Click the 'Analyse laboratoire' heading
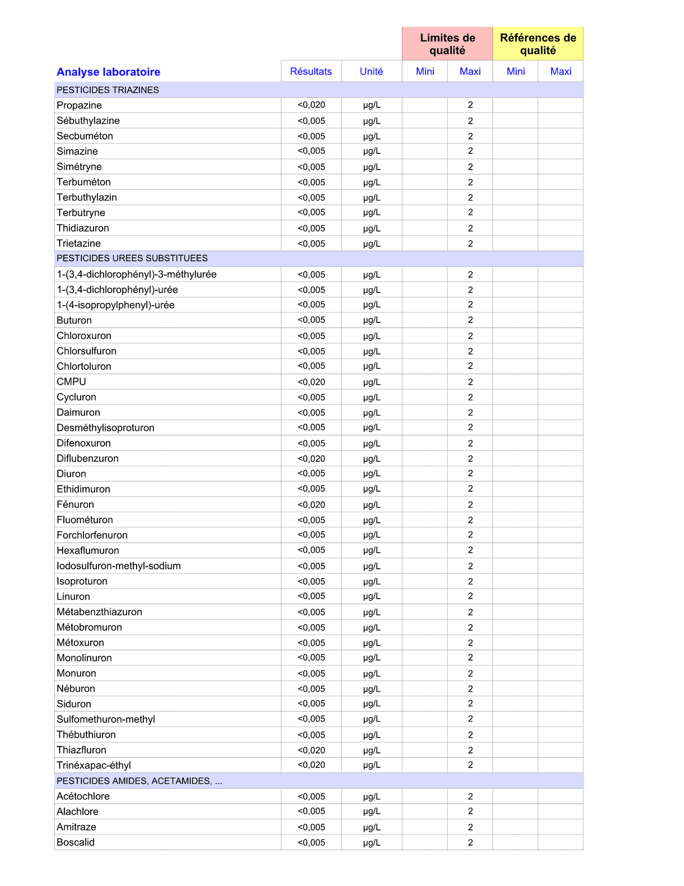point(108,72)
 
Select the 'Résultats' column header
point(311,71)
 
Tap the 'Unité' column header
point(371,71)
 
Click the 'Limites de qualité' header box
point(447,44)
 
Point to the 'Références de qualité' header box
point(538,44)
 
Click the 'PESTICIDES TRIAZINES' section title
point(108,90)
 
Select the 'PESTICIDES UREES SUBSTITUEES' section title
point(132,258)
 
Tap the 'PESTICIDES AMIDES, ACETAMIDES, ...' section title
point(139,781)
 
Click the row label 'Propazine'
point(79,105)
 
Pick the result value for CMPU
point(311,382)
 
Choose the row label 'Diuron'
point(71,474)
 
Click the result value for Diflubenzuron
point(311,459)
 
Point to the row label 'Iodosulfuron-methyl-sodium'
point(118,566)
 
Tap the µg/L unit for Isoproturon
point(372,581)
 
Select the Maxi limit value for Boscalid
point(470,842)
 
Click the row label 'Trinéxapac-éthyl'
point(94,765)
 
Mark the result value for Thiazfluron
point(311,750)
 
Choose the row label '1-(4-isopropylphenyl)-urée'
point(116,305)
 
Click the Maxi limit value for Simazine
point(470,151)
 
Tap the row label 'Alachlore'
point(77,812)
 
